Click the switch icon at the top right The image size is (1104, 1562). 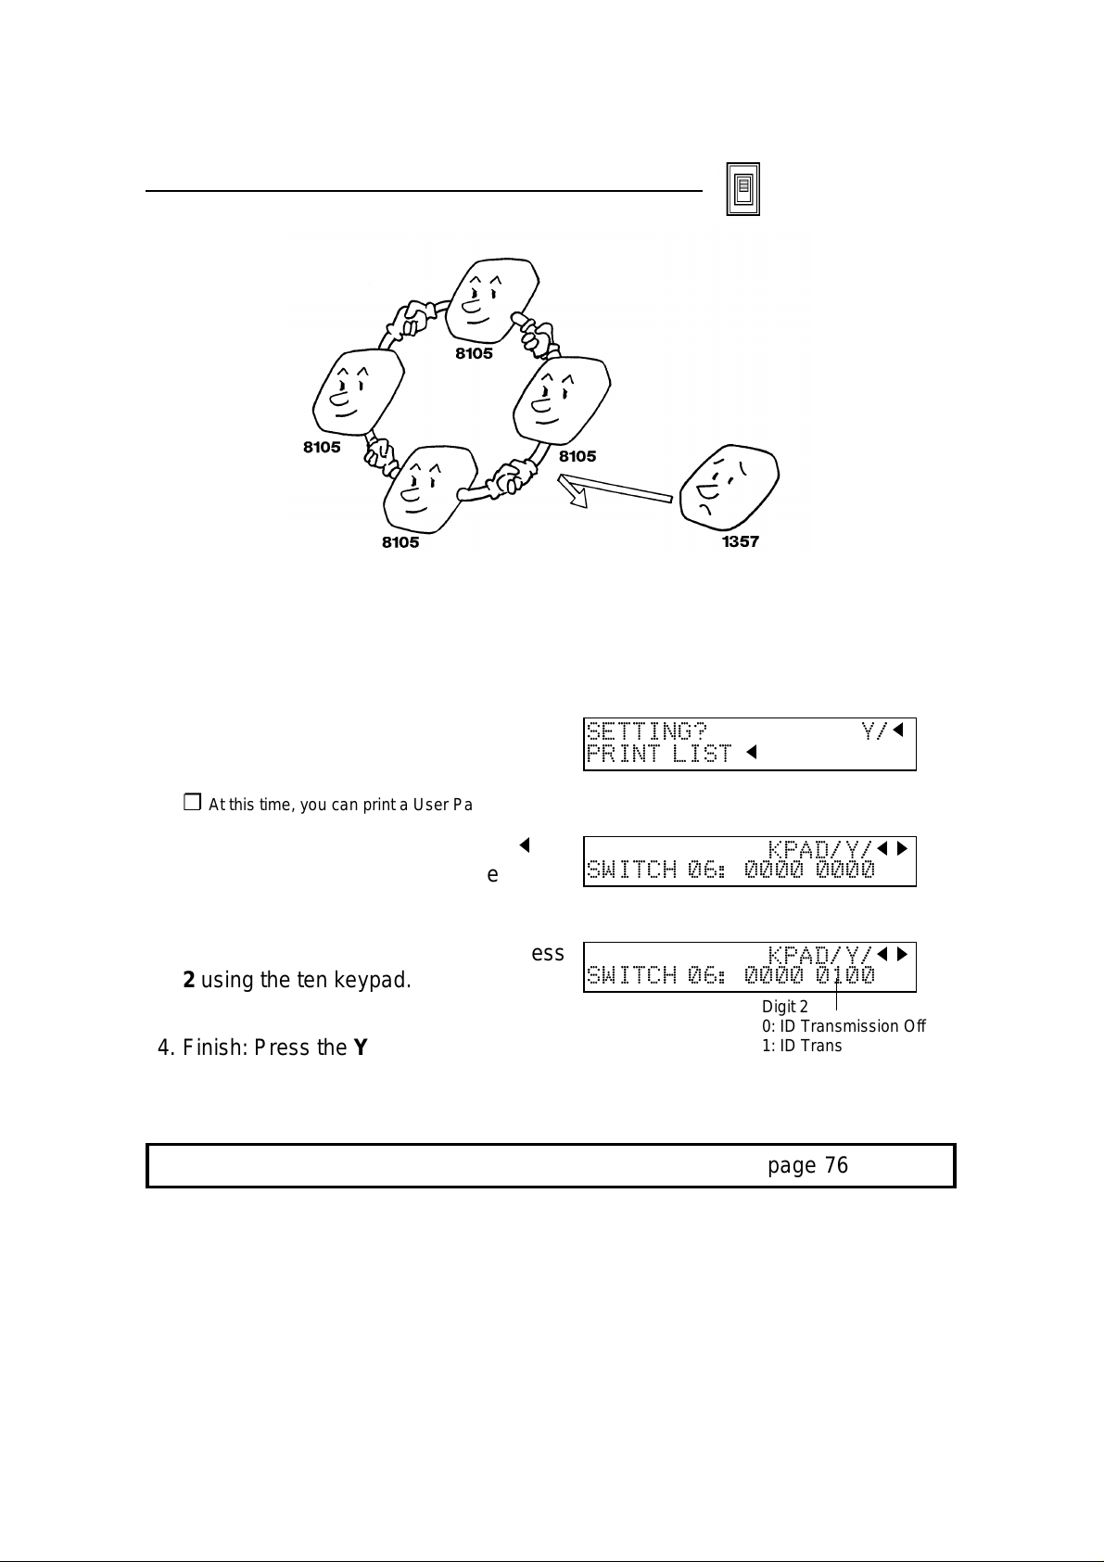click(x=742, y=189)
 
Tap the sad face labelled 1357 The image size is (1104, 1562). click(x=729, y=488)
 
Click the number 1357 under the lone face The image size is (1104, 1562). click(x=741, y=541)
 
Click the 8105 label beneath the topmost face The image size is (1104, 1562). click(x=474, y=353)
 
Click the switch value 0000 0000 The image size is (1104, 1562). click(x=809, y=870)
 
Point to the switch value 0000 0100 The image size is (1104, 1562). click(x=809, y=975)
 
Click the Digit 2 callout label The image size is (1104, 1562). click(x=784, y=1007)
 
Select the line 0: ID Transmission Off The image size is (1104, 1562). click(x=843, y=1026)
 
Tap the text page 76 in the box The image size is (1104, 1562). click(x=807, y=1165)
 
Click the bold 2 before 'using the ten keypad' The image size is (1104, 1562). click(x=188, y=980)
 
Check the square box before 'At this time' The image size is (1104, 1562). click(x=192, y=803)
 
